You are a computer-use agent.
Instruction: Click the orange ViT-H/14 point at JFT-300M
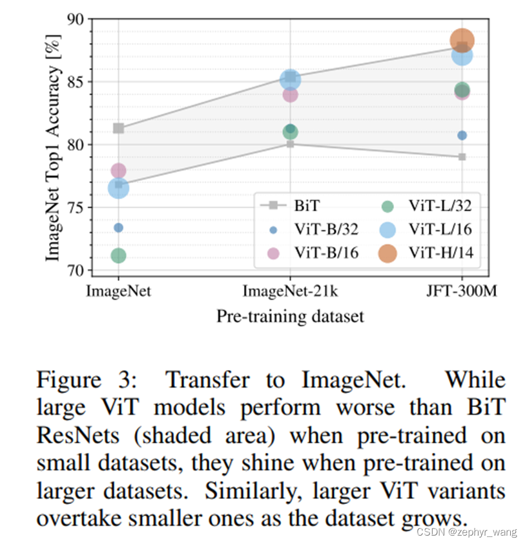(462, 41)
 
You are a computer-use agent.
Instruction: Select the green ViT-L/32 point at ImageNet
(118, 256)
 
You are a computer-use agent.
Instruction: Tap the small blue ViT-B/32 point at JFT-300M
(462, 135)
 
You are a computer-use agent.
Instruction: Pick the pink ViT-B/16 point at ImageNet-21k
(290, 94)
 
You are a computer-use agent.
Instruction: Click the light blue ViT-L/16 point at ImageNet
(118, 188)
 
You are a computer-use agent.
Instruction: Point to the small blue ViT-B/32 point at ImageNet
(118, 227)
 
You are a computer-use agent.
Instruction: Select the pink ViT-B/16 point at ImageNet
(118, 171)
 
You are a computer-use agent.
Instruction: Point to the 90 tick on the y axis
(76, 19)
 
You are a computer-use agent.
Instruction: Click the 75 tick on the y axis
(76, 207)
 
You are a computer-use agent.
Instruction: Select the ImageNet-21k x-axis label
(290, 291)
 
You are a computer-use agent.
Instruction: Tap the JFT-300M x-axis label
(461, 291)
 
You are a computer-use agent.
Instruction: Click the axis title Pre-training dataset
(290, 317)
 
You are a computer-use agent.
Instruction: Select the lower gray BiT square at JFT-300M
(462, 157)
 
